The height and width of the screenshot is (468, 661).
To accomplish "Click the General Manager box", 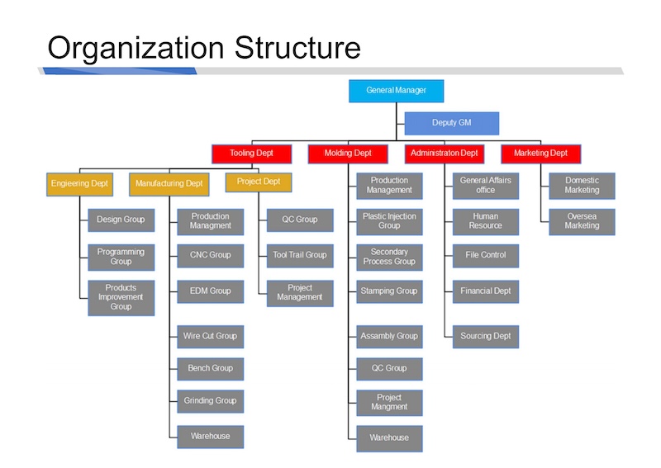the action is pos(397,91).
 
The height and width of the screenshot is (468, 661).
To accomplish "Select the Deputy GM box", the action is pos(451,124).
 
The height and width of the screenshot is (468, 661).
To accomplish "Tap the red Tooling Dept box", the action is pos(252,154).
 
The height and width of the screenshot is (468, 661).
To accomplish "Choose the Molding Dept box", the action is pos(348,154).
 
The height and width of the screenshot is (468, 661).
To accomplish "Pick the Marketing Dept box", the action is pos(541,154).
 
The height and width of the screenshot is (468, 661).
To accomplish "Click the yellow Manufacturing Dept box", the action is pos(169,185).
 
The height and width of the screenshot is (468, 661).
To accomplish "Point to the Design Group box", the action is pos(121,220).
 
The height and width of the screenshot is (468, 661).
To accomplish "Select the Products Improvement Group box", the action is pos(121,298).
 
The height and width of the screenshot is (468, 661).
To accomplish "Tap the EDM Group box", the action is pos(211,291).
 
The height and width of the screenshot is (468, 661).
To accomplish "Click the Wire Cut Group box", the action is pos(211,337).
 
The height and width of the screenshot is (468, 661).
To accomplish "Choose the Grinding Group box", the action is pos(211,401).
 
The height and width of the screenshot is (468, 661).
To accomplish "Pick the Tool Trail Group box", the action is pos(300,256).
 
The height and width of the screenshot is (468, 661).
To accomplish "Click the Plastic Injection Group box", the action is pos(389,221).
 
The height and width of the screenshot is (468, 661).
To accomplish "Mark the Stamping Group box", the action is pos(389,291).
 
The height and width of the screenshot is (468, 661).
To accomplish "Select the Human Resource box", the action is pos(486,221).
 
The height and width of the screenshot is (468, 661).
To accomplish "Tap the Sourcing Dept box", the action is pos(486,337).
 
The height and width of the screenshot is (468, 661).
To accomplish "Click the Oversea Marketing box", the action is pos(582,221).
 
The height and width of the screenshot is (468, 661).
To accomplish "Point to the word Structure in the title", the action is pos(297,48).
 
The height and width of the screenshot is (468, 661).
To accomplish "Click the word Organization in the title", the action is pos(136,49).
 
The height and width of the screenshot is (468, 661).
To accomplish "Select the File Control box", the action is pos(486,256).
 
